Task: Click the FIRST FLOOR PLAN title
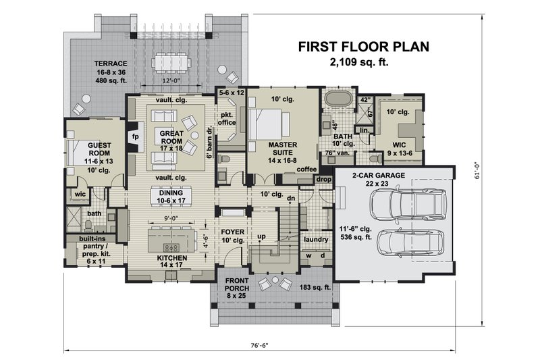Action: point(364,47)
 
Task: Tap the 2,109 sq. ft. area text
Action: point(359,63)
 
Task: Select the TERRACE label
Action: point(111,63)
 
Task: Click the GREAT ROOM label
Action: point(171,137)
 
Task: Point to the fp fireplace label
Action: point(136,136)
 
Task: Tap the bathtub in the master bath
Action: point(339,99)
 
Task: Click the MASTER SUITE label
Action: point(283,149)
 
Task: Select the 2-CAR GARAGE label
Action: point(379,176)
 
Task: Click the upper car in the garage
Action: point(408,203)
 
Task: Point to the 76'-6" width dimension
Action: point(259,346)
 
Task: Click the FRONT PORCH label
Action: point(237,284)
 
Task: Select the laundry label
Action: point(316,239)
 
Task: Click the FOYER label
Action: point(233,232)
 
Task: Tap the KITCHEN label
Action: point(172,258)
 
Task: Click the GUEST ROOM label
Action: point(99,149)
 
